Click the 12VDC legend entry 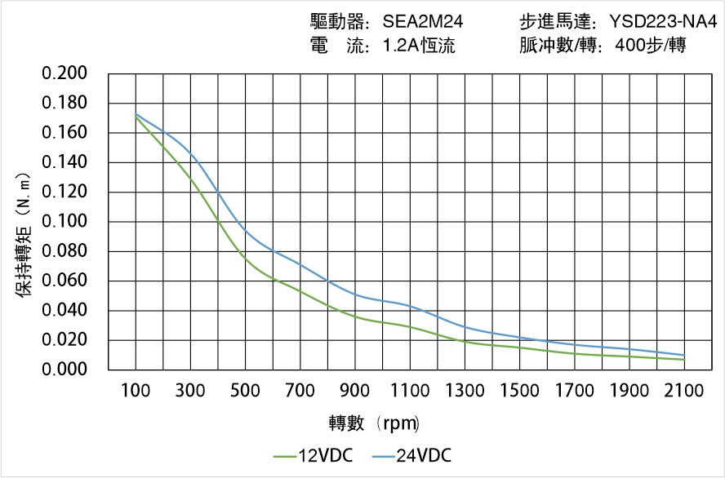pyautogui.click(x=314, y=456)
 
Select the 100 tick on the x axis pyautogui.click(x=136, y=391)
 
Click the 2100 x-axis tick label pyautogui.click(x=684, y=391)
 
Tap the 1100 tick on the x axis pyautogui.click(x=410, y=391)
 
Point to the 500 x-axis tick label pyautogui.click(x=245, y=391)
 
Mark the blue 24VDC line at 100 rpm pyautogui.click(x=136, y=114)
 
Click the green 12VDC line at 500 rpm pyautogui.click(x=245, y=258)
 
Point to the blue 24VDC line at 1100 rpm pyautogui.click(x=410, y=306)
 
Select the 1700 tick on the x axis pyautogui.click(x=574, y=391)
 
